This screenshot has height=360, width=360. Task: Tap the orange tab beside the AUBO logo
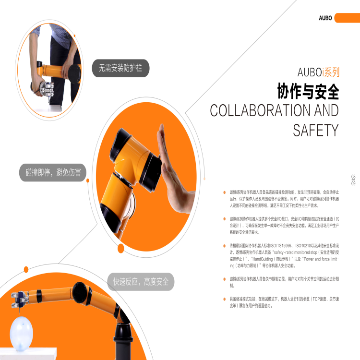tap(347, 18)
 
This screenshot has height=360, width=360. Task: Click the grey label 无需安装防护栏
tap(121, 68)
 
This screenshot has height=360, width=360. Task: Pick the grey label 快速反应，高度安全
tap(141, 282)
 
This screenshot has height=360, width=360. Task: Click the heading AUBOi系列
tap(318, 73)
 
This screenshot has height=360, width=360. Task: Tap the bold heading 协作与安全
tap(308, 91)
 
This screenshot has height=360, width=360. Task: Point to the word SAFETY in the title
tap(316, 130)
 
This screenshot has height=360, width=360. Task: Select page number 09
tap(353, 183)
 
